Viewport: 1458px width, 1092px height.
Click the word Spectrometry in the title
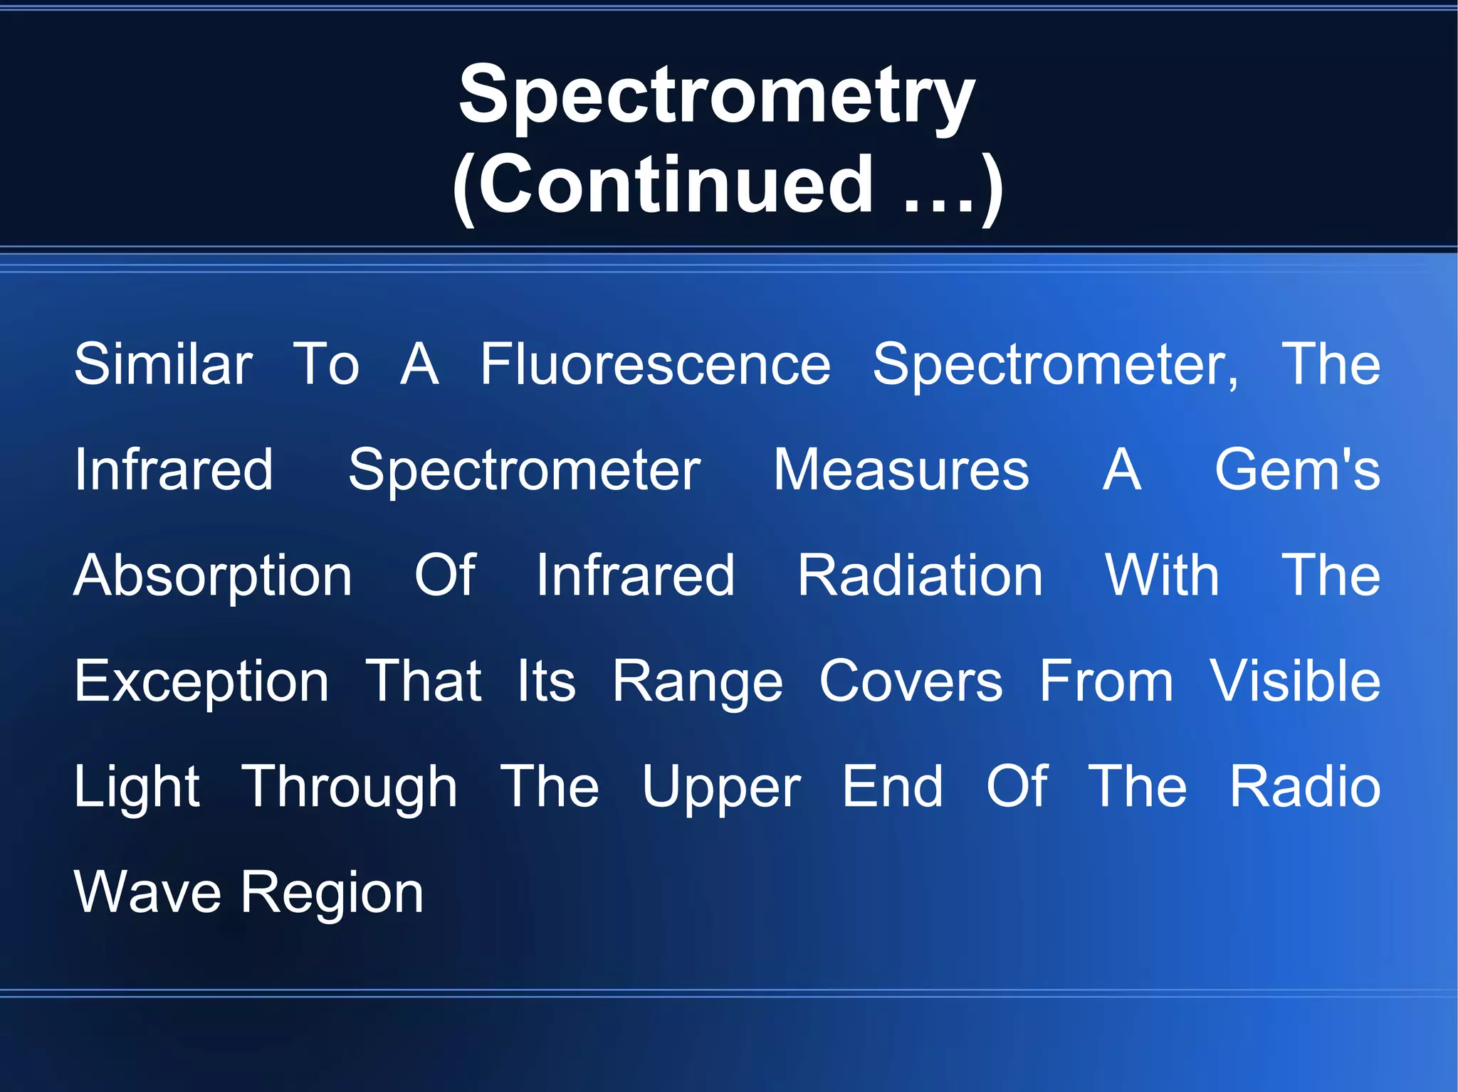tap(717, 97)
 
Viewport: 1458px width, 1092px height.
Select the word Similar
tap(163, 364)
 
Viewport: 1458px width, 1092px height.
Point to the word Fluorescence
tap(655, 364)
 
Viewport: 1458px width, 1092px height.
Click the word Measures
tap(901, 470)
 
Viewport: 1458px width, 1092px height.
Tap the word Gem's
tap(1297, 470)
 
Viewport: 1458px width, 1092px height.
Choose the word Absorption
tap(213, 576)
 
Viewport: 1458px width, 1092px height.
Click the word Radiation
tap(920, 575)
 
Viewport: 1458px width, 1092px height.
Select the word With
tap(1162, 575)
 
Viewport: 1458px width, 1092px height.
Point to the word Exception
tap(201, 682)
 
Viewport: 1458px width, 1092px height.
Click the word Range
tap(698, 682)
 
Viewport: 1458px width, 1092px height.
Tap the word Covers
tap(911, 681)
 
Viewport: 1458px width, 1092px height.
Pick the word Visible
tap(1295, 681)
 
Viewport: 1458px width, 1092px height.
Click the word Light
tap(137, 788)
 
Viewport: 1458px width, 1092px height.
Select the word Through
tap(350, 788)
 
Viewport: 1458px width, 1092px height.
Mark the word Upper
tap(721, 788)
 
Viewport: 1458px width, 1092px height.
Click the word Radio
tap(1305, 787)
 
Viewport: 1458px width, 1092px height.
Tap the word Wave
tap(148, 892)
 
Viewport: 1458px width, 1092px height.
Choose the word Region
tap(332, 894)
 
